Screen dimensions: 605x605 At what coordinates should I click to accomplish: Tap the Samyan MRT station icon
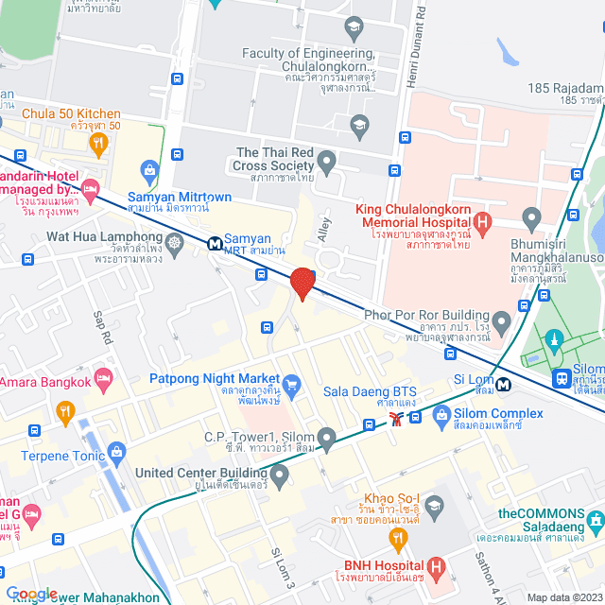216,244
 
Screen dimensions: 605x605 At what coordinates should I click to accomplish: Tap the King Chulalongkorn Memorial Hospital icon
483,225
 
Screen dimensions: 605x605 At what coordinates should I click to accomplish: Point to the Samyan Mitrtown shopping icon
148,170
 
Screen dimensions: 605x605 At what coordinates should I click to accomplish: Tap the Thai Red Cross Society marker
327,162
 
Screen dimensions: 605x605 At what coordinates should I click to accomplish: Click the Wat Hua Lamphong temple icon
176,243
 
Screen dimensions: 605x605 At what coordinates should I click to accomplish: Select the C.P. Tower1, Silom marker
326,437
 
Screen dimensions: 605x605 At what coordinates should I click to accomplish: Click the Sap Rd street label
103,326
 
